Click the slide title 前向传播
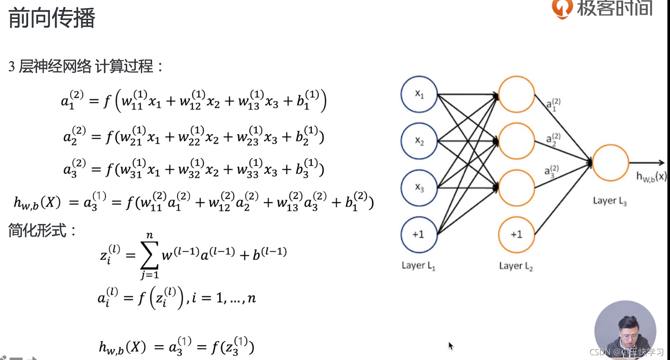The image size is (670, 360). tap(52, 18)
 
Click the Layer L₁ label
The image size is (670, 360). tap(418, 266)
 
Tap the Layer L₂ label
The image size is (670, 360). tap(516, 266)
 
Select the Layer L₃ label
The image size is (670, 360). tap(609, 201)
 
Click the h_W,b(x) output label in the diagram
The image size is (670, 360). tap(651, 177)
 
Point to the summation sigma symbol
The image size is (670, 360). tap(149, 255)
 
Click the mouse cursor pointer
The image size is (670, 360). tap(451, 346)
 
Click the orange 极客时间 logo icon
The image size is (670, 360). tap(562, 9)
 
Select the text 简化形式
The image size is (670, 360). tap(37, 230)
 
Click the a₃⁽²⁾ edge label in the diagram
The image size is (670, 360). tap(552, 172)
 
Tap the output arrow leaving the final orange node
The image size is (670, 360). tap(647, 163)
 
